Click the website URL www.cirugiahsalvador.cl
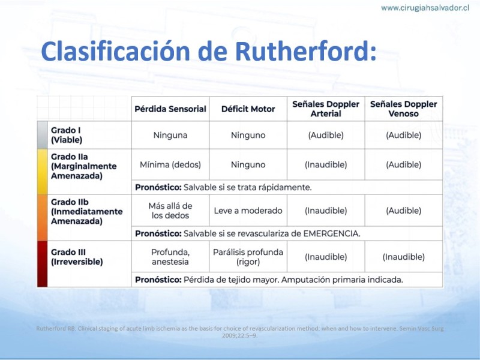click(x=425, y=8)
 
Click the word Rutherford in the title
click(x=306, y=51)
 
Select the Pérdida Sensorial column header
click(x=170, y=109)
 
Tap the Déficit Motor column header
click(x=248, y=109)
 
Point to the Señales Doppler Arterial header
click(x=326, y=109)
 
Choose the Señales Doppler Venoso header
click(x=404, y=109)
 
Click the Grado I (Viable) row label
click(x=67, y=135)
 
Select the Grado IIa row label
click(x=84, y=166)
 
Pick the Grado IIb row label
click(x=86, y=212)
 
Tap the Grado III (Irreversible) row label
click(x=77, y=257)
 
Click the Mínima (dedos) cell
click(x=170, y=164)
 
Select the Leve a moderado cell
click(x=248, y=211)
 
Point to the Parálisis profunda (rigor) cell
click(x=248, y=257)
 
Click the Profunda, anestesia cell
click(x=170, y=257)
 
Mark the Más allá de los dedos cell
click(x=170, y=211)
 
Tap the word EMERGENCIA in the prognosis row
click(x=332, y=233)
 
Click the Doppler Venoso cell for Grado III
click(x=404, y=257)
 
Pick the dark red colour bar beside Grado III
click(x=42, y=264)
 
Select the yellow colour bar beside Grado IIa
click(x=42, y=172)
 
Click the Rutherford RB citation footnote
click(x=240, y=332)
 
